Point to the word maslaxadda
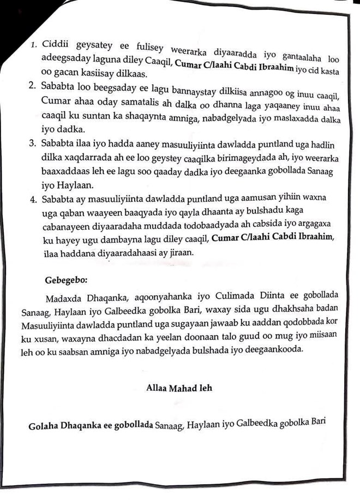pos(297,116)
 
